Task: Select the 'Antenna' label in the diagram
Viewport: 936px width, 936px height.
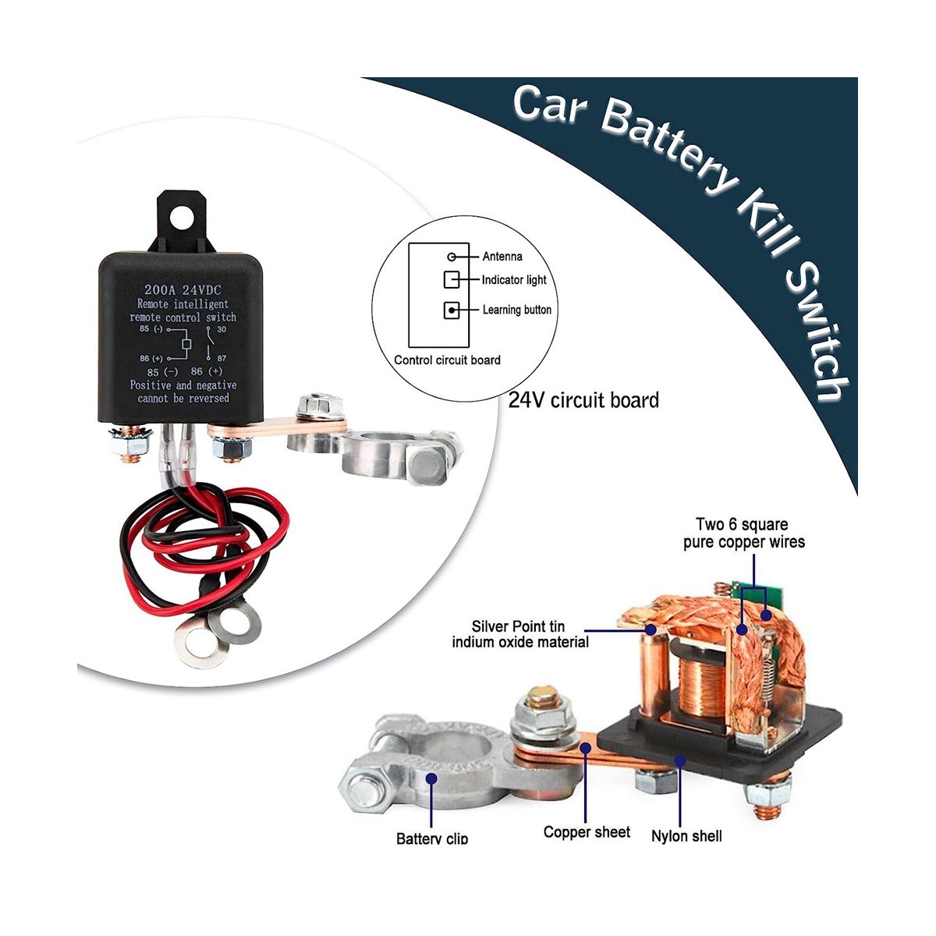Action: click(x=502, y=257)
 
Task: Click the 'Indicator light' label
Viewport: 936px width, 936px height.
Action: click(x=514, y=280)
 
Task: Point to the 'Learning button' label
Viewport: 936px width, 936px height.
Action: click(x=516, y=310)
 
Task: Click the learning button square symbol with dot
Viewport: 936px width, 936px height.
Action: click(x=451, y=310)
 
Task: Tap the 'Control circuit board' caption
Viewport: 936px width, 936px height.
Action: click(x=447, y=360)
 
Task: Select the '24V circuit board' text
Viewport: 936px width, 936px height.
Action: click(x=583, y=400)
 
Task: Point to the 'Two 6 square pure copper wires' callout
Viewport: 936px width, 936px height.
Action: click(x=743, y=533)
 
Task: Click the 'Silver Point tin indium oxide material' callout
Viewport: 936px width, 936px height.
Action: click(x=519, y=634)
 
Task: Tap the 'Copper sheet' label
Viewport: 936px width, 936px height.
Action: click(x=587, y=832)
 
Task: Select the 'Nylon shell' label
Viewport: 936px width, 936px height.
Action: click(x=686, y=836)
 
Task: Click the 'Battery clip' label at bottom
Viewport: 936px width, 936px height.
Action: click(x=432, y=838)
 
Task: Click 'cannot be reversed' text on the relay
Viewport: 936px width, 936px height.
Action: click(x=183, y=398)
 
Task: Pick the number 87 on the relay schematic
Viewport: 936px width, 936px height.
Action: click(x=221, y=358)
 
